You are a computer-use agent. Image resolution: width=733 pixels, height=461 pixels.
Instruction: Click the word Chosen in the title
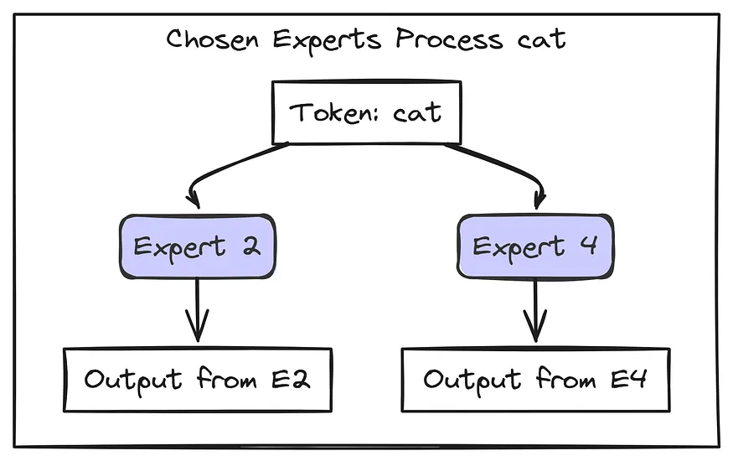pyautogui.click(x=212, y=39)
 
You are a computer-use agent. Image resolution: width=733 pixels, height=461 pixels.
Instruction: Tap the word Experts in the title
pyautogui.click(x=328, y=41)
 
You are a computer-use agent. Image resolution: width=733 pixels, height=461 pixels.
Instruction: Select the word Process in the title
pyautogui.click(x=449, y=39)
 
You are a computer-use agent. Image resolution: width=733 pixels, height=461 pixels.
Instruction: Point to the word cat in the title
pyautogui.click(x=541, y=39)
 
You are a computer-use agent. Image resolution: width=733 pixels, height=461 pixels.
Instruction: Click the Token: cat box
pyautogui.click(x=367, y=112)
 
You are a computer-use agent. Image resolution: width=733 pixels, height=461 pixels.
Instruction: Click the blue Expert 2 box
pyautogui.click(x=197, y=247)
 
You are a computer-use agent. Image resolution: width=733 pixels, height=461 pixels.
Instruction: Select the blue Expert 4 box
pyautogui.click(x=535, y=247)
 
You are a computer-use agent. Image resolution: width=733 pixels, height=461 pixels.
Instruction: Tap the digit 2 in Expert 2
pyautogui.click(x=251, y=246)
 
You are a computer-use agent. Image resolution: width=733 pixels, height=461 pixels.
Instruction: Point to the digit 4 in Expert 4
pyautogui.click(x=589, y=245)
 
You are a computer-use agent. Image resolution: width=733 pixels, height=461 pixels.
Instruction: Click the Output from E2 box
pyautogui.click(x=198, y=380)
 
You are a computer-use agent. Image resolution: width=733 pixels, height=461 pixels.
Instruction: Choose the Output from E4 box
pyautogui.click(x=536, y=380)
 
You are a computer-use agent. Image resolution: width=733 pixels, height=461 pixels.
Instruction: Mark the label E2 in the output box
pyautogui.click(x=291, y=379)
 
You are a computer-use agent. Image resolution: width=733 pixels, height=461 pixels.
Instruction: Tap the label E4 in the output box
pyautogui.click(x=629, y=379)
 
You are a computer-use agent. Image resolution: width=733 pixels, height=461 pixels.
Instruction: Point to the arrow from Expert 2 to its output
pyautogui.click(x=197, y=310)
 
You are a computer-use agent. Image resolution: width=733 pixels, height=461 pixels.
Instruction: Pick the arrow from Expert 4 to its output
pyautogui.click(x=535, y=310)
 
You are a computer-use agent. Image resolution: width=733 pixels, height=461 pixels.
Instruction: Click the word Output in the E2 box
pyautogui.click(x=132, y=381)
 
